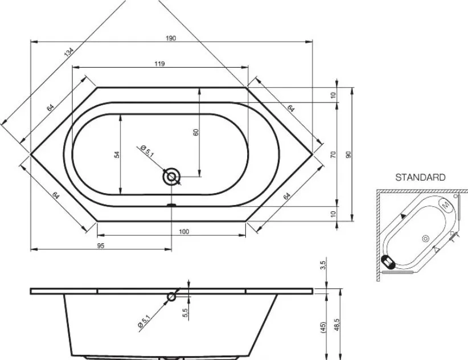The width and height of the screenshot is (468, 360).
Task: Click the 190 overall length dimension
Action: (171, 38)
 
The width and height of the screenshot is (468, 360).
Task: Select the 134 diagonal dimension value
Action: (68, 52)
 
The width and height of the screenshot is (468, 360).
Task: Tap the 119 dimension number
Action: (159, 64)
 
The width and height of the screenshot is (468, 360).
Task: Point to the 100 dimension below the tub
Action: (184, 231)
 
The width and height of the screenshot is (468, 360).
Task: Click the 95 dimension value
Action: (101, 246)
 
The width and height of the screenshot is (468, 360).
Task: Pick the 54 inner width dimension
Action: (117, 154)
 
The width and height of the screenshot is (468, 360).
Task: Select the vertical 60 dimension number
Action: (196, 132)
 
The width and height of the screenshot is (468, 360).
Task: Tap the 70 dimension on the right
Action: (334, 154)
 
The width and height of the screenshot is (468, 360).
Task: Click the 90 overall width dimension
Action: (348, 154)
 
